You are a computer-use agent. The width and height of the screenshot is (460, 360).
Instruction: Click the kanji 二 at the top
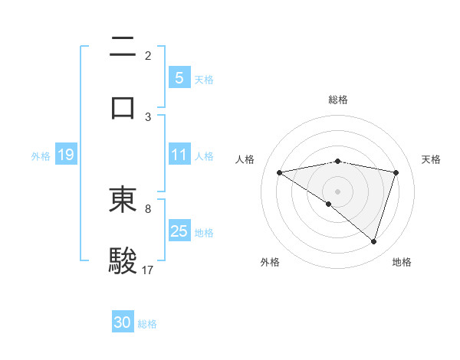pyautogui.click(x=123, y=47)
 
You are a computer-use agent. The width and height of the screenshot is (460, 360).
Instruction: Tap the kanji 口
pyautogui.click(x=123, y=106)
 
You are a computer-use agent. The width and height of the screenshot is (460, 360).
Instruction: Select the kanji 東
pyautogui.click(x=123, y=200)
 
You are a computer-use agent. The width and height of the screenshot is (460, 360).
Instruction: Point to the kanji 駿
pyautogui.click(x=123, y=260)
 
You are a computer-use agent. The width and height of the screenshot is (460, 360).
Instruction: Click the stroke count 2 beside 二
pyautogui.click(x=148, y=56)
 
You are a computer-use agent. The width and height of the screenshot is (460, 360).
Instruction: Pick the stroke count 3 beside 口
pyautogui.click(x=148, y=116)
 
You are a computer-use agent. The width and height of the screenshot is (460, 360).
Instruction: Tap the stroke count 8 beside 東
pyautogui.click(x=148, y=208)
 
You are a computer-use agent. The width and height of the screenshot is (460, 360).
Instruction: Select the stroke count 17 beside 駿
pyautogui.click(x=148, y=270)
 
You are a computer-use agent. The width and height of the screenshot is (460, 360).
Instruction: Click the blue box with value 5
pyautogui.click(x=179, y=77)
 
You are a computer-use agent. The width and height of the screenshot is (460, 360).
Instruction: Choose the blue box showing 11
pyautogui.click(x=179, y=155)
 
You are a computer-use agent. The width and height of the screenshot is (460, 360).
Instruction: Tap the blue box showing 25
pyautogui.click(x=179, y=231)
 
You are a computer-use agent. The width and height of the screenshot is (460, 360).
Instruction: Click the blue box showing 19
pyautogui.click(x=66, y=155)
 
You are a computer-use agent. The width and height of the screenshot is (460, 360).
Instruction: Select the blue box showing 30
pyautogui.click(x=123, y=322)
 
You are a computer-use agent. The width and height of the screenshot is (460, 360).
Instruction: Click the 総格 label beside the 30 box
pyautogui.click(x=147, y=324)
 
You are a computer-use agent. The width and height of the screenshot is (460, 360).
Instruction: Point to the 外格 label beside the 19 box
pyautogui.click(x=41, y=156)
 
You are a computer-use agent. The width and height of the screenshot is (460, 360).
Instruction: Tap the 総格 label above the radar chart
pyautogui.click(x=338, y=100)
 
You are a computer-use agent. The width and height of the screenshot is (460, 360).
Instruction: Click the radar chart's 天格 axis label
pyautogui.click(x=431, y=159)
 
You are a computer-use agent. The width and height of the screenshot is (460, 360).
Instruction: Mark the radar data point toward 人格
pyautogui.click(x=280, y=172)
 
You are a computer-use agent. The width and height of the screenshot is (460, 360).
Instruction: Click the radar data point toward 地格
pyautogui.click(x=373, y=241)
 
